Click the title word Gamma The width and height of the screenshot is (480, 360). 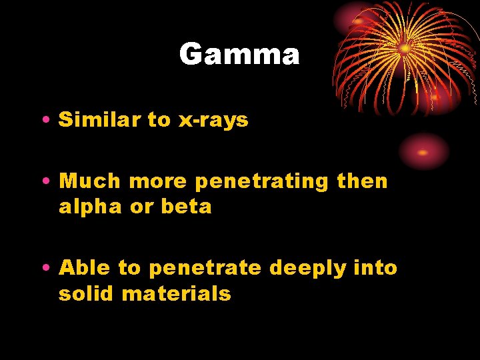(x=239, y=54)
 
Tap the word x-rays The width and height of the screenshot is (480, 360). (x=213, y=121)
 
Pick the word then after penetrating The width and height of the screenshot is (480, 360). (x=362, y=181)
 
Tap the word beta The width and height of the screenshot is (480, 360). (x=186, y=207)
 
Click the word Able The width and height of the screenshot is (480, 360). (x=85, y=268)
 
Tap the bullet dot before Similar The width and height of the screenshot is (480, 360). (x=44, y=121)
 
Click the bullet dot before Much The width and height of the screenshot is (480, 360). (x=44, y=182)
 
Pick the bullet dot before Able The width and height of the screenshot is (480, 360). (x=44, y=269)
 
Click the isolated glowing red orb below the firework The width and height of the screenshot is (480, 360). (x=423, y=151)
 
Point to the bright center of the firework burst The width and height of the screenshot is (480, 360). (x=405, y=49)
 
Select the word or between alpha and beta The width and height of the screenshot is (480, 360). (x=141, y=207)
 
